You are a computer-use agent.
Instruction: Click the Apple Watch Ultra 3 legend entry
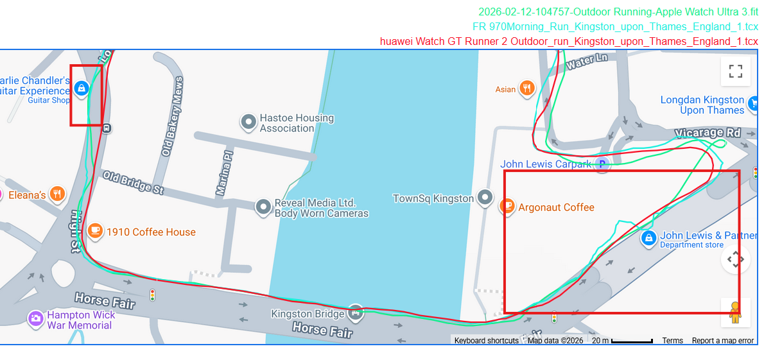[618, 12]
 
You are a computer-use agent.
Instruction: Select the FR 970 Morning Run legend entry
[615, 27]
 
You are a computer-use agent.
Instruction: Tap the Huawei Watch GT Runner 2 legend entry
[569, 42]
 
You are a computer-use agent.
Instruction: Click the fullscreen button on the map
[735, 71]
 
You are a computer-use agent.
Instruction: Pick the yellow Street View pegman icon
[735, 313]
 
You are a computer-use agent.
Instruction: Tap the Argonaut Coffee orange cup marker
[507, 207]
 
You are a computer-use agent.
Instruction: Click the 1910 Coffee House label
[151, 232]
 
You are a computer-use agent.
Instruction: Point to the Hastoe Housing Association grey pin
[248, 121]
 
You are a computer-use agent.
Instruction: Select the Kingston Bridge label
[309, 314]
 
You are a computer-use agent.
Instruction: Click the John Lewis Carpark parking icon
[602, 164]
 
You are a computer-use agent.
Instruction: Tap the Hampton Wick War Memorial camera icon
[35, 318]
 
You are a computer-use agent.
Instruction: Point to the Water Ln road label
[587, 62]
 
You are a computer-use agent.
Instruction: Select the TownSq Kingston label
[433, 199]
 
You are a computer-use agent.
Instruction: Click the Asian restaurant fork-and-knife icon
[526, 88]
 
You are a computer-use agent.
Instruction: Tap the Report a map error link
[722, 341]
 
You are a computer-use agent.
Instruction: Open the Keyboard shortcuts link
[486, 341]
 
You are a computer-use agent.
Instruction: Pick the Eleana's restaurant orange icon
[58, 193]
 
